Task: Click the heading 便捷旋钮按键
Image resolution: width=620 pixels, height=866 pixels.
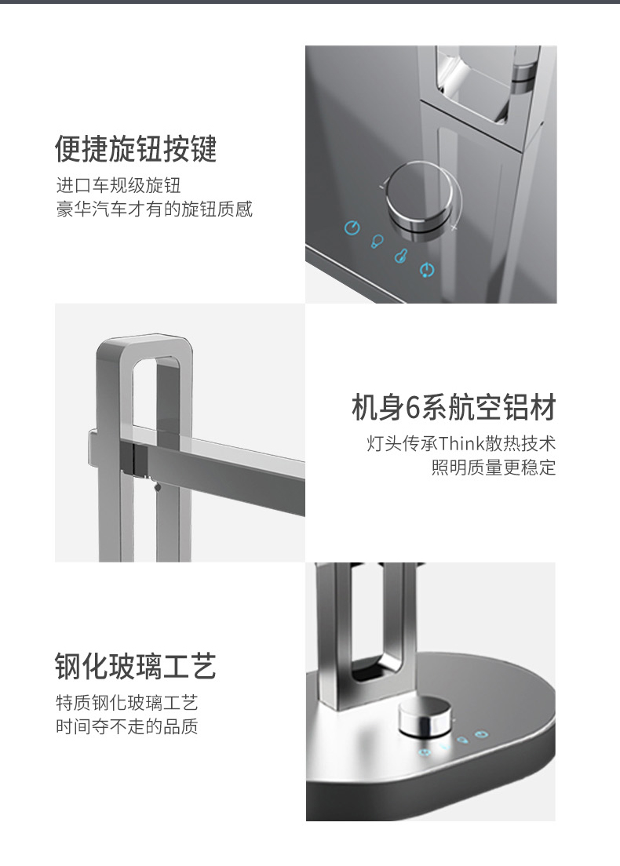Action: pos(136,148)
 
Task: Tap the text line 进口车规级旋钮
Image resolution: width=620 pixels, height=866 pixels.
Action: pos(119,185)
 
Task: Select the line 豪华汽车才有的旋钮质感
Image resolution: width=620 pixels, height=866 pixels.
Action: pos(154,209)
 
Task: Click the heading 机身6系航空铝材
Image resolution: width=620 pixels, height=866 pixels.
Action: pos(454,408)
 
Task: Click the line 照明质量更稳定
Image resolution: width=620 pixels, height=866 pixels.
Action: pos(494,468)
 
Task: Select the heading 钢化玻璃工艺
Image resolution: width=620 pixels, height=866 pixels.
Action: pos(136,665)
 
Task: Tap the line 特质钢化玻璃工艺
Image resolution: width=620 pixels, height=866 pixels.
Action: pos(127,703)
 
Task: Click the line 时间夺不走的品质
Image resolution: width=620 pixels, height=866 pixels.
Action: pos(127,726)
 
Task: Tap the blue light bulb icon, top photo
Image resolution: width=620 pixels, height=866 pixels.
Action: pos(377,241)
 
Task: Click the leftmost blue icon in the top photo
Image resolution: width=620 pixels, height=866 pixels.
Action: pos(352,227)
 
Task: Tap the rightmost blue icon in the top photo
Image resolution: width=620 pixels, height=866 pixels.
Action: pos(427,270)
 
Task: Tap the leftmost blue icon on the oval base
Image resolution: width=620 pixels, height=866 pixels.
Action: pos(424,752)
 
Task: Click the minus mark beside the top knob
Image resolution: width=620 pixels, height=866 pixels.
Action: pos(381,186)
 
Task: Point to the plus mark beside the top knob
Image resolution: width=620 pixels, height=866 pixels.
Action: pos(454,227)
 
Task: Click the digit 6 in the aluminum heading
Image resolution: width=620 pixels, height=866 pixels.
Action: pos(414,408)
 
